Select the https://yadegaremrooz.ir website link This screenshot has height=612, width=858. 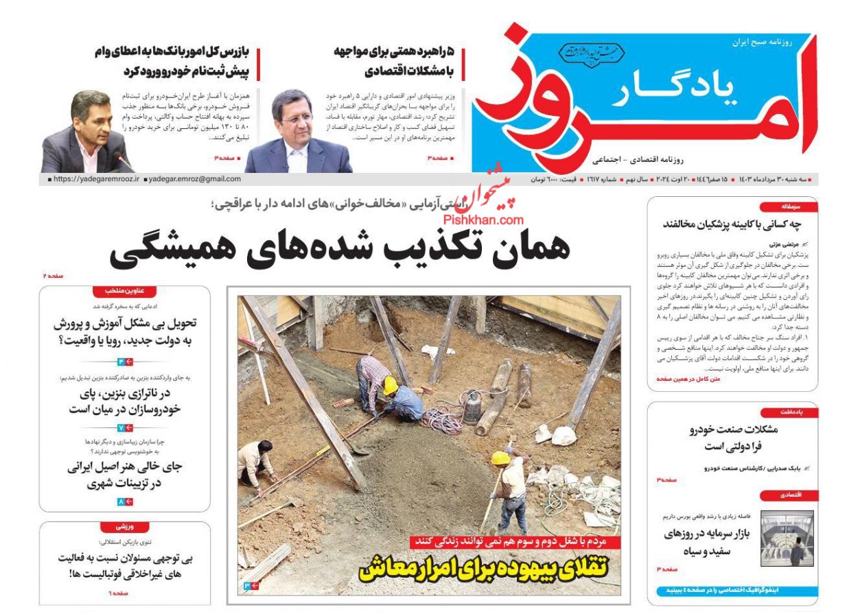pos(97,179)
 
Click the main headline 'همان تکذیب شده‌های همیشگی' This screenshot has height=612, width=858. pos(340,248)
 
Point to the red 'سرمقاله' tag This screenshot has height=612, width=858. pos(788,207)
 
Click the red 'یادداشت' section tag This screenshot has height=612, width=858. pos(789,412)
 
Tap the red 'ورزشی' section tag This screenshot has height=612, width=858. pos(124,527)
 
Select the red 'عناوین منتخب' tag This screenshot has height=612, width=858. pos(124,290)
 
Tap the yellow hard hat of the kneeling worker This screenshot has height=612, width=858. pos(390,385)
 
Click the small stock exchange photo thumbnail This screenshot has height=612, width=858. pos(787,538)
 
